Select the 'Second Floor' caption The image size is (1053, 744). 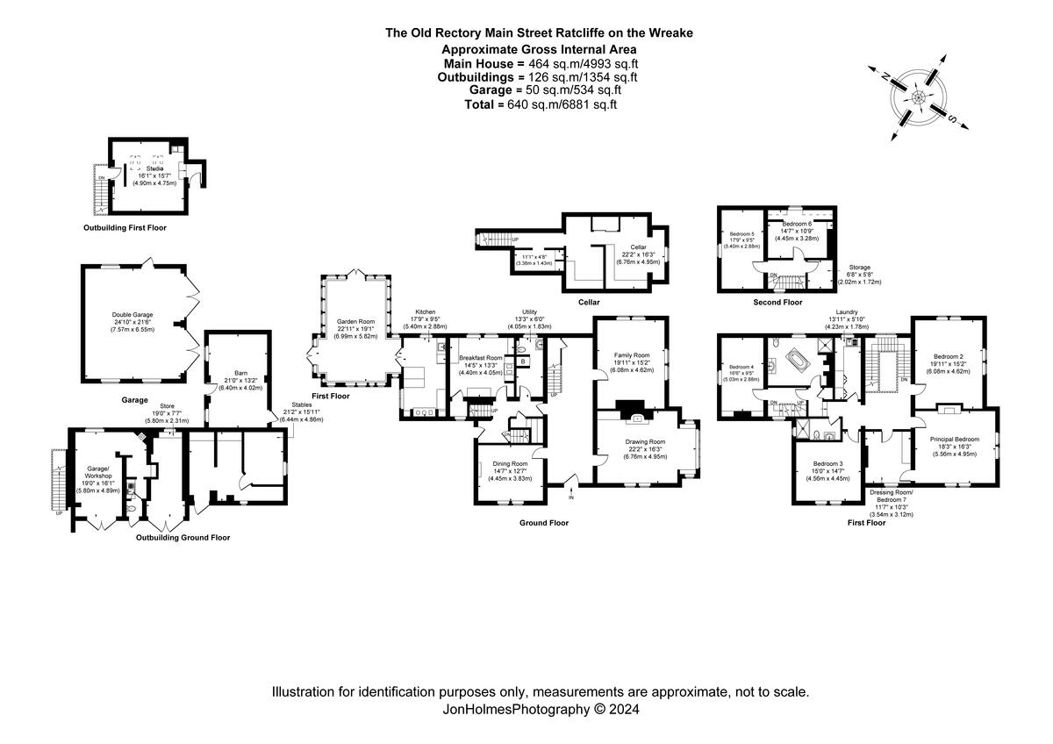(777, 302)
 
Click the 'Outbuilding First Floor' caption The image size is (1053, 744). (125, 227)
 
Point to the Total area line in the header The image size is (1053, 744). (541, 104)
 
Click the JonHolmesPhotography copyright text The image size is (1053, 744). (541, 709)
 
